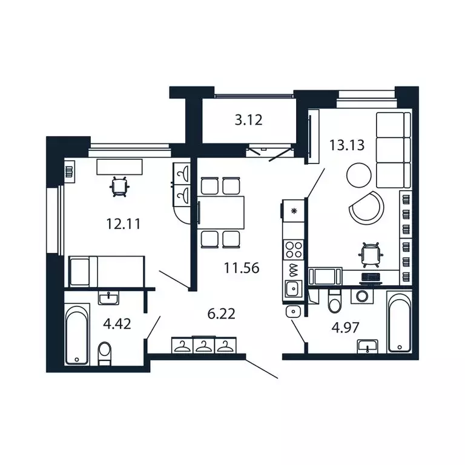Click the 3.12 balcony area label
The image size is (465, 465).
248,120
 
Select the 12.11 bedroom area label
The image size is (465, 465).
124,224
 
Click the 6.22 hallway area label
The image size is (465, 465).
221,314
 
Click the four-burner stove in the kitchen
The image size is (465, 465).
294,249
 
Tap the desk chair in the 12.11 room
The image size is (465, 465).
119,186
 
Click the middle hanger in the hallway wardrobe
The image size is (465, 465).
204,346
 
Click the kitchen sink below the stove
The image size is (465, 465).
294,288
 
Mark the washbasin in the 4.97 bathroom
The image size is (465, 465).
368,345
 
